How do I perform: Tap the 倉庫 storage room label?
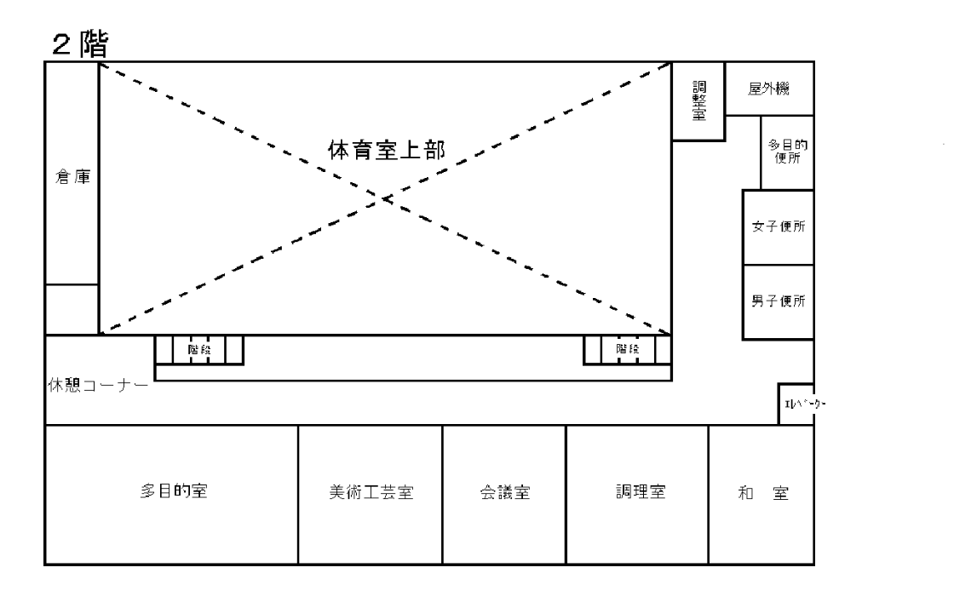[72, 179]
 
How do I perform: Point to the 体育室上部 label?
[388, 150]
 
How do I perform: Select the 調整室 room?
[698, 101]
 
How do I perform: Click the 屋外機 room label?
[768, 89]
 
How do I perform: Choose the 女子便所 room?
[779, 227]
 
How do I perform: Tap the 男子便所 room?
[779, 301]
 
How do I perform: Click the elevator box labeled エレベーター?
[797, 404]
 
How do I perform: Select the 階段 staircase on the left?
[198, 349]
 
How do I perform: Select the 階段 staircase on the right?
[627, 349]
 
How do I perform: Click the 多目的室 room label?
[175, 492]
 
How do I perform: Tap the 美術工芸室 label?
[371, 493]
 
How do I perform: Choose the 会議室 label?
[504, 493]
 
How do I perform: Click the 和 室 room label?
[761, 493]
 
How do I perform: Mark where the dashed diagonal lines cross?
[385, 198]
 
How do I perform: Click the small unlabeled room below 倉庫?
[72, 309]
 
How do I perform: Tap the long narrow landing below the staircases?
[413, 372]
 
